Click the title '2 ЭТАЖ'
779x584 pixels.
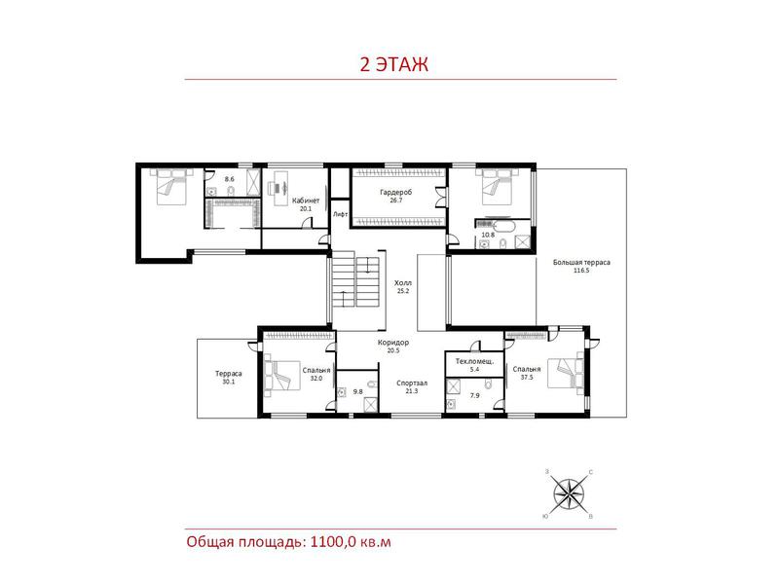point(393,64)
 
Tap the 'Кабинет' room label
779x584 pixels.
point(306,201)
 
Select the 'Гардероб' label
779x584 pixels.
point(396,192)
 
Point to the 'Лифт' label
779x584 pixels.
point(340,214)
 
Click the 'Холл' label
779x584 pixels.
point(403,283)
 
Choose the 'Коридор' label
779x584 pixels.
point(393,343)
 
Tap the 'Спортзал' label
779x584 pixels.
point(412,383)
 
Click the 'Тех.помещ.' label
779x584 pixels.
point(474,361)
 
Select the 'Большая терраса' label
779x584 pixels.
point(581,263)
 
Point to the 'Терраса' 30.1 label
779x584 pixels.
point(229,374)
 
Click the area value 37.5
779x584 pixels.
point(527,378)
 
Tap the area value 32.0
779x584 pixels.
point(316,379)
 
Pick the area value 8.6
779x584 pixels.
point(229,179)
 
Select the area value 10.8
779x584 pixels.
point(488,236)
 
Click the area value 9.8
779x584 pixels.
point(357,392)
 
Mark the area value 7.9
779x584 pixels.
point(475,396)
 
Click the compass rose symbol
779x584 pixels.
point(569,494)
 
